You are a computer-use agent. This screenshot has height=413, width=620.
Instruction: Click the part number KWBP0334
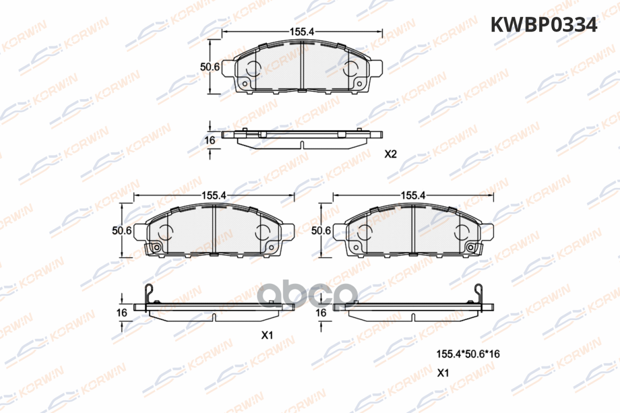pos(544,25)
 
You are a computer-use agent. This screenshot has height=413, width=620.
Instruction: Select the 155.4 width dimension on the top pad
pos(302,32)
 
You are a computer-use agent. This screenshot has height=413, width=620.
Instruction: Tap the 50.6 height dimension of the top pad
pos(210,67)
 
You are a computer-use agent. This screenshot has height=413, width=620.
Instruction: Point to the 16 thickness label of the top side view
pos(210,140)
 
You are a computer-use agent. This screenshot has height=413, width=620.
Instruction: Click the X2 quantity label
pos(391,154)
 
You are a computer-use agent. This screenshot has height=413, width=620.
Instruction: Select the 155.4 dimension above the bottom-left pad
pos(214,196)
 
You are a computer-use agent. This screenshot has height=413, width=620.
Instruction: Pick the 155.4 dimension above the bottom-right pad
pos(413,196)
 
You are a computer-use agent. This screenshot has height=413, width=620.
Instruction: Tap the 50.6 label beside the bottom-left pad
pos(122,230)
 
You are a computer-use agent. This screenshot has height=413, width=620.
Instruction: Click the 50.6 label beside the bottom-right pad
pos(321,230)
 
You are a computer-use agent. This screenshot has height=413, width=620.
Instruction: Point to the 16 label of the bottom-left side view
pos(122,312)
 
